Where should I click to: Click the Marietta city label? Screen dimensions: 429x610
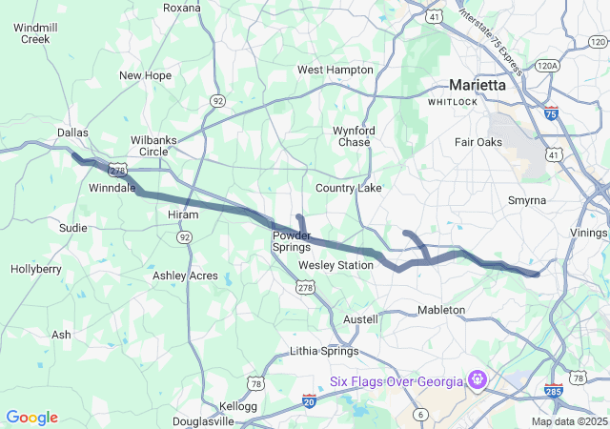pyautogui.click(x=478, y=84)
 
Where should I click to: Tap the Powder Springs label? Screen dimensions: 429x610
pyautogui.click(x=292, y=241)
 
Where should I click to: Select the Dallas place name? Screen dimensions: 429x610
pyautogui.click(x=72, y=133)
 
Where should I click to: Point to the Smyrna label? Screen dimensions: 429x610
pyautogui.click(x=527, y=200)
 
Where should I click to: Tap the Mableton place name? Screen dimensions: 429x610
pyautogui.click(x=441, y=310)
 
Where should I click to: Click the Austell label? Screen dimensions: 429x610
pyautogui.click(x=360, y=318)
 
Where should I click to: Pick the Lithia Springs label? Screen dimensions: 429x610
pyautogui.click(x=322, y=352)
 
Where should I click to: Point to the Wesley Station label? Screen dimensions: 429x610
pyautogui.click(x=335, y=264)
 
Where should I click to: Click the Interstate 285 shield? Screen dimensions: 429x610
pyautogui.click(x=554, y=390)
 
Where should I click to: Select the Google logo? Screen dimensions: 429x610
pyautogui.click(x=31, y=418)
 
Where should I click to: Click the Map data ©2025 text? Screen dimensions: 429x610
pyautogui.click(x=568, y=421)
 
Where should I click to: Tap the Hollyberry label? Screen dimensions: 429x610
pyautogui.click(x=36, y=270)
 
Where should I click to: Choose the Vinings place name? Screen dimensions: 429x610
pyautogui.click(x=589, y=232)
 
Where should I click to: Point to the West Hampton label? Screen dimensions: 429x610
pyautogui.click(x=335, y=70)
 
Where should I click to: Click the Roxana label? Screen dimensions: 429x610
pyautogui.click(x=182, y=8)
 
